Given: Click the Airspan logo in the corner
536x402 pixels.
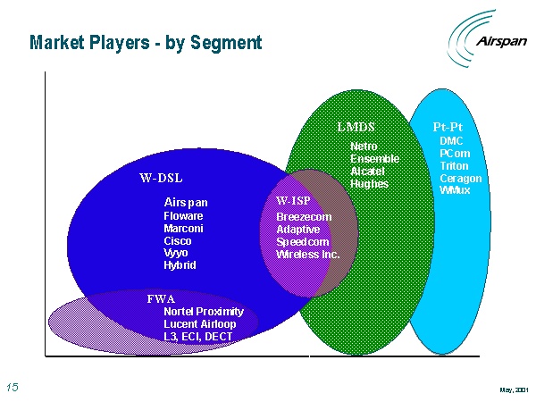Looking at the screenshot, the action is pos(487,38).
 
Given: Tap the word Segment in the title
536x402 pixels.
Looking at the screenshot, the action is pos(226,43).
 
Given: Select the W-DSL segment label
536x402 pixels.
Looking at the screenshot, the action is pos(161,178).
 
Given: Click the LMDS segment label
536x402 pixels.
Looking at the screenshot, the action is pos(356,127).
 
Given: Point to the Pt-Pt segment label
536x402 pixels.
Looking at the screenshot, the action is pos(448,127).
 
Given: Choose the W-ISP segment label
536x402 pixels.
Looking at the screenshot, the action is pos(293,200).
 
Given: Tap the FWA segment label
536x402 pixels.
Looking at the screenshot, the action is pos(161,299).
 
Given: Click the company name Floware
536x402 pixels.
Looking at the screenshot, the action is pos(183,216).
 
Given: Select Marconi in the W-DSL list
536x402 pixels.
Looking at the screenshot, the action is pos(183,229).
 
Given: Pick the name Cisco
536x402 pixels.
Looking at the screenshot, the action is pos(178,241).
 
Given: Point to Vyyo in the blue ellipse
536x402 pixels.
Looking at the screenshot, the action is pos(176,254).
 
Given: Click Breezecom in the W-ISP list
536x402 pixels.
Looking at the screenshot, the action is pos(304,217).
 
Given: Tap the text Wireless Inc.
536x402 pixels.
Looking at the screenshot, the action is pos(307,255).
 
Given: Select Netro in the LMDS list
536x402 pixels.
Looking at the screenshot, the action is pos(364,147).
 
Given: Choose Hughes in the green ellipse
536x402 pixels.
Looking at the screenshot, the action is pos(369,184).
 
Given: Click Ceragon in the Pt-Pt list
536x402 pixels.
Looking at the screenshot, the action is pos(460,179).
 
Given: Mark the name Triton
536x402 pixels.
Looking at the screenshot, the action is pos(454,166).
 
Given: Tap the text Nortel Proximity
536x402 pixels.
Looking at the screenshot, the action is pos(204,312).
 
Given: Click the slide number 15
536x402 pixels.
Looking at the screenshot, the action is pos(13,388).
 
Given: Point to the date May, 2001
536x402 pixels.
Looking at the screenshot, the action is pos(514,389).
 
